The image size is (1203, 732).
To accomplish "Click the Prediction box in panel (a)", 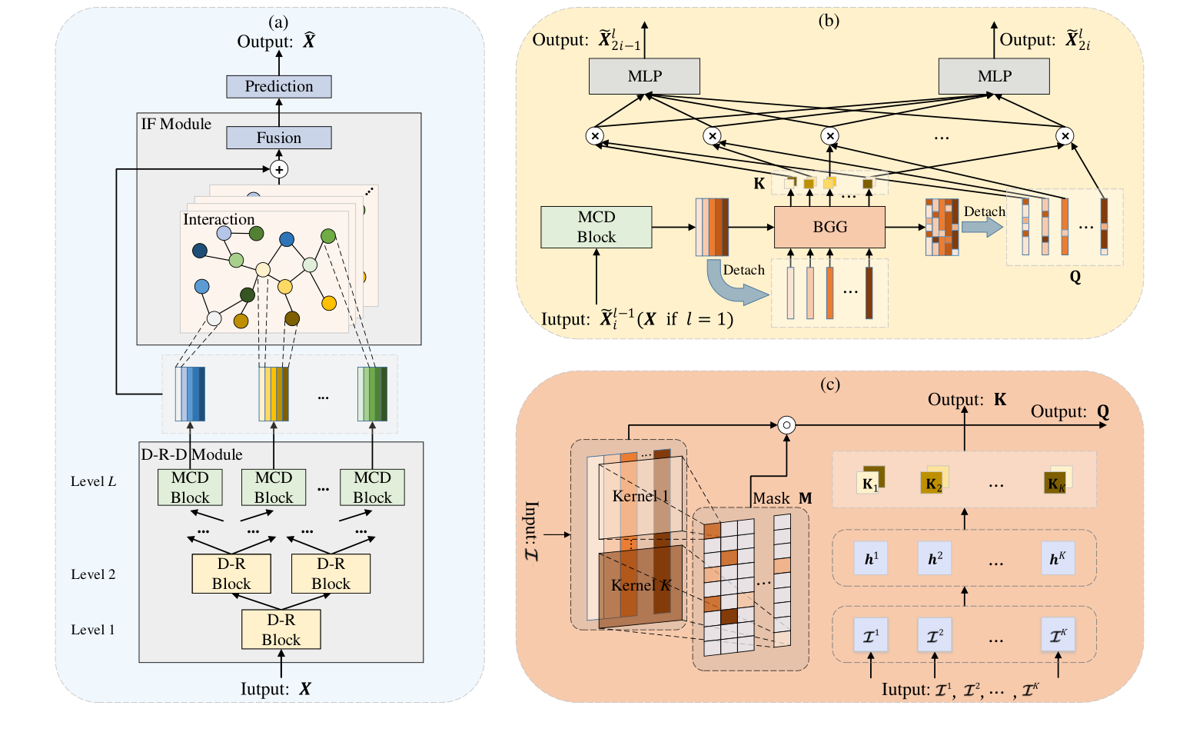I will [278, 86].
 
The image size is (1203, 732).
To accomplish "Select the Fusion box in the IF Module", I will [278, 138].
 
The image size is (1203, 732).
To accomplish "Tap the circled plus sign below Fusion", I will [279, 169].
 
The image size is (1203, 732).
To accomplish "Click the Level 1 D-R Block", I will [281, 630].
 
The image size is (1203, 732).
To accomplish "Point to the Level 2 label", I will [93, 574].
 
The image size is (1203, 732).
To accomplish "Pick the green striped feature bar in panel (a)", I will [372, 394].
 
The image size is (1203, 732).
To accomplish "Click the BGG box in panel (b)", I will [829, 227].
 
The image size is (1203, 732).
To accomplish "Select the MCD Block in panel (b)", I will [596, 227].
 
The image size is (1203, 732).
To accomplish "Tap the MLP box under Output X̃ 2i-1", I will [644, 76].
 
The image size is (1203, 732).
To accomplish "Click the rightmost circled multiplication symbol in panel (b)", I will [1064, 136].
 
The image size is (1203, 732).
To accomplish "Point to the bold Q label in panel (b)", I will [1075, 277].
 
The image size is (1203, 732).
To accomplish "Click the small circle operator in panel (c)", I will [786, 424].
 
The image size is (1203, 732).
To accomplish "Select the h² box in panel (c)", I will [935, 559].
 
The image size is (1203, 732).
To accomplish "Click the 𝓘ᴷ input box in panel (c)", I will [1058, 636].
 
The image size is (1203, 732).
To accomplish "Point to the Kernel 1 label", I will [640, 496].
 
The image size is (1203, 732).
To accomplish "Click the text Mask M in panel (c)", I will [782, 498].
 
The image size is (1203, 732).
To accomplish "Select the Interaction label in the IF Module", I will [218, 219].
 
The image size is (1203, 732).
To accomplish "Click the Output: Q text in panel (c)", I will [1069, 411].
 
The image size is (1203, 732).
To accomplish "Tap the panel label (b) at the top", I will [829, 21].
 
